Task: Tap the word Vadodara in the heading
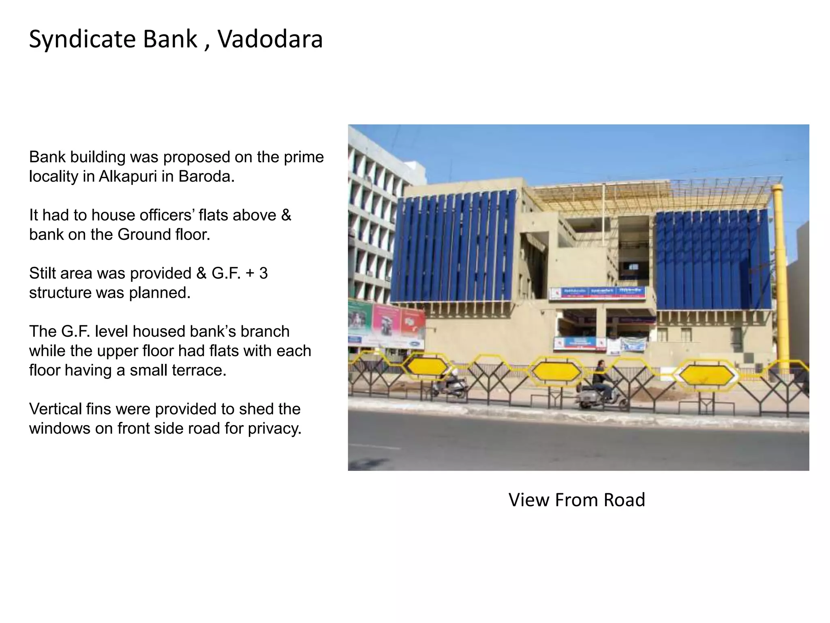[270, 40]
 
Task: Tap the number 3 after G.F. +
[263, 273]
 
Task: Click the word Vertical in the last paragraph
[55, 409]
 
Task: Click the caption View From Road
[577, 500]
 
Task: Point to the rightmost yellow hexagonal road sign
[708, 376]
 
